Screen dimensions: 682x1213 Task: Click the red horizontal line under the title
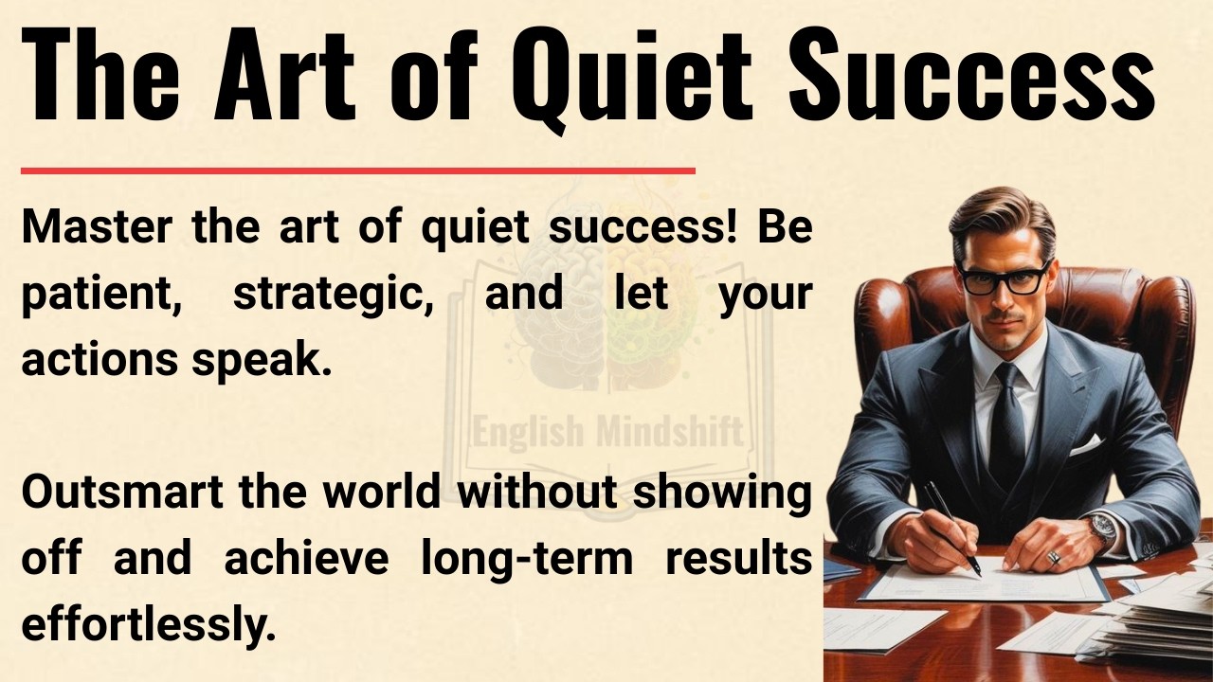point(357,171)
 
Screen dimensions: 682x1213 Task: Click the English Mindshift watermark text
point(607,432)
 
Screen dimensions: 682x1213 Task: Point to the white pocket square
point(1086,444)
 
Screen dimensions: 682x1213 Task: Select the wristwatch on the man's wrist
point(1101,527)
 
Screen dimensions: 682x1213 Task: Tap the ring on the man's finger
point(1052,558)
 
